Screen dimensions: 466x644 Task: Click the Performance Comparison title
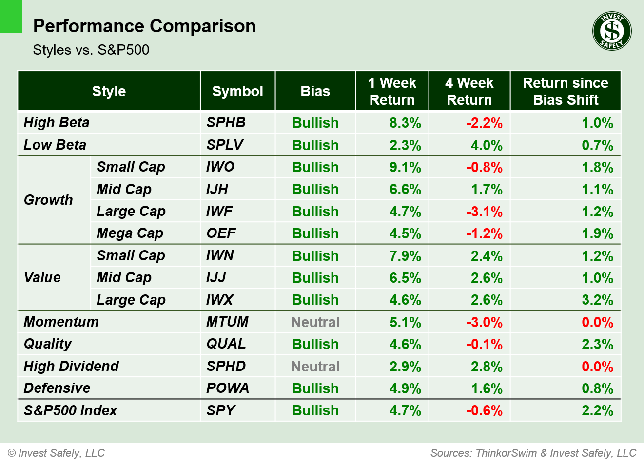(144, 26)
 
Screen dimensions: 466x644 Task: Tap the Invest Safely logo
(612, 31)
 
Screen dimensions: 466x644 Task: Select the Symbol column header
(237, 91)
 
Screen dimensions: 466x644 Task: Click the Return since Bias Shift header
(566, 91)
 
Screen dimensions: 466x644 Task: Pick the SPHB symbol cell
(226, 122)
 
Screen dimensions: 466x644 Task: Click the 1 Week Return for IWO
(405, 167)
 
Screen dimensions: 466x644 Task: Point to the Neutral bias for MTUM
(315, 322)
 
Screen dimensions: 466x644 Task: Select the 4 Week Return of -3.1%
(484, 212)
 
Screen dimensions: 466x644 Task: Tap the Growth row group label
(48, 200)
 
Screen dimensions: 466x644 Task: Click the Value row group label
(42, 277)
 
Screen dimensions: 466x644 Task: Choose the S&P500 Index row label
(71, 410)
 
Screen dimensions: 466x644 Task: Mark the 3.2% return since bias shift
(597, 300)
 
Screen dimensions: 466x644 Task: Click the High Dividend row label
(71, 366)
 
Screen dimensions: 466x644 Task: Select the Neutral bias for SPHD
(315, 367)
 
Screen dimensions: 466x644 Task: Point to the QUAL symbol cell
(226, 344)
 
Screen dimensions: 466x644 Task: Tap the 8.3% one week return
(405, 123)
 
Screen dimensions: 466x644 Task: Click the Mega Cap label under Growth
(130, 233)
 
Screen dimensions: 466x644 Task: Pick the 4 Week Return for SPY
(484, 410)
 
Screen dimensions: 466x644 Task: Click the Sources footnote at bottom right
(533, 453)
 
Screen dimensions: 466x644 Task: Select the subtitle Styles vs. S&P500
(91, 50)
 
